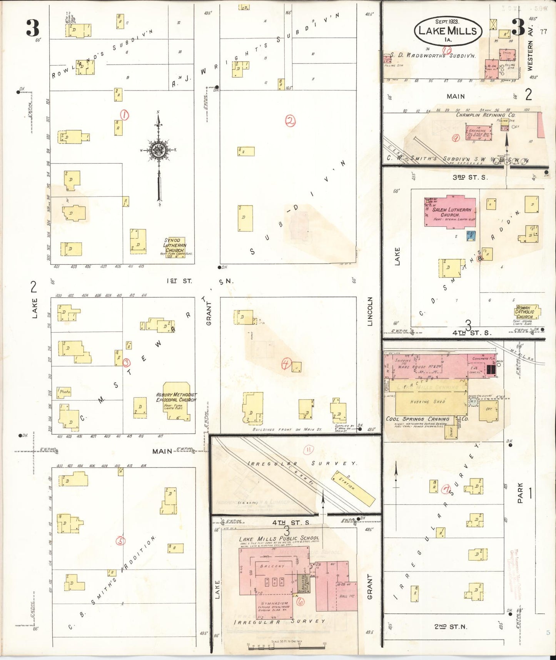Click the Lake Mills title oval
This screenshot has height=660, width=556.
pyautogui.click(x=447, y=31)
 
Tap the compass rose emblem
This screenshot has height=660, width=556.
pyautogui.click(x=159, y=150)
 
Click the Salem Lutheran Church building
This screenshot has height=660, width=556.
pyautogui.click(x=450, y=212)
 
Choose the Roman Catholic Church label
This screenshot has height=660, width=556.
pyautogui.click(x=524, y=312)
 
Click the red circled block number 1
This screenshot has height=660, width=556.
pyautogui.click(x=124, y=115)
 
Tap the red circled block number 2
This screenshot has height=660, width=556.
pyautogui.click(x=290, y=121)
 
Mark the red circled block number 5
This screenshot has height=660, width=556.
pyautogui.click(x=121, y=541)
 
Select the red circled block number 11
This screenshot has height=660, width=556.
pyautogui.click(x=309, y=449)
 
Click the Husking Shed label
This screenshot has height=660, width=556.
pyautogui.click(x=433, y=402)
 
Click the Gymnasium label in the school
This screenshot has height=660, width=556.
pyautogui.click(x=274, y=603)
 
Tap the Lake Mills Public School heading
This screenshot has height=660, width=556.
pyautogui.click(x=279, y=538)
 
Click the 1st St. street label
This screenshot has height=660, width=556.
pyautogui.click(x=179, y=281)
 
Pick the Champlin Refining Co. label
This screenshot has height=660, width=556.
pyautogui.click(x=485, y=115)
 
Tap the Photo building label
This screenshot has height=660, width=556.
pyautogui.click(x=65, y=392)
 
